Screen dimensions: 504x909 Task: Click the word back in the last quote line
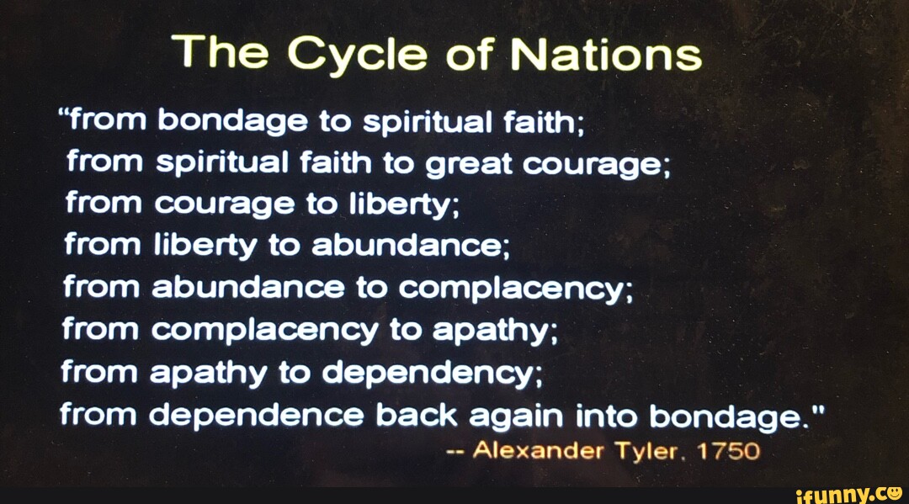pos(423,416)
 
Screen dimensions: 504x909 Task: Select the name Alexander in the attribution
pos(540,451)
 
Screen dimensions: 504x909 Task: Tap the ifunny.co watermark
pos(847,491)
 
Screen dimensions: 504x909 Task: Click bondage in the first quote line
pos(231,123)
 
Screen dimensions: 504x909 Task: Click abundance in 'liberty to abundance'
pos(406,247)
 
